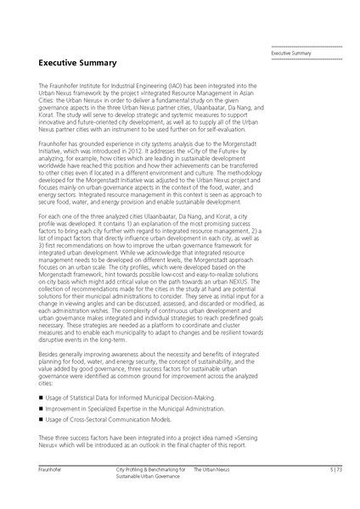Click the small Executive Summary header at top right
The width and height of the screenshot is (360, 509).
click(x=291, y=53)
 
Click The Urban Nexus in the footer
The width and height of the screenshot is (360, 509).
click(x=211, y=468)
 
